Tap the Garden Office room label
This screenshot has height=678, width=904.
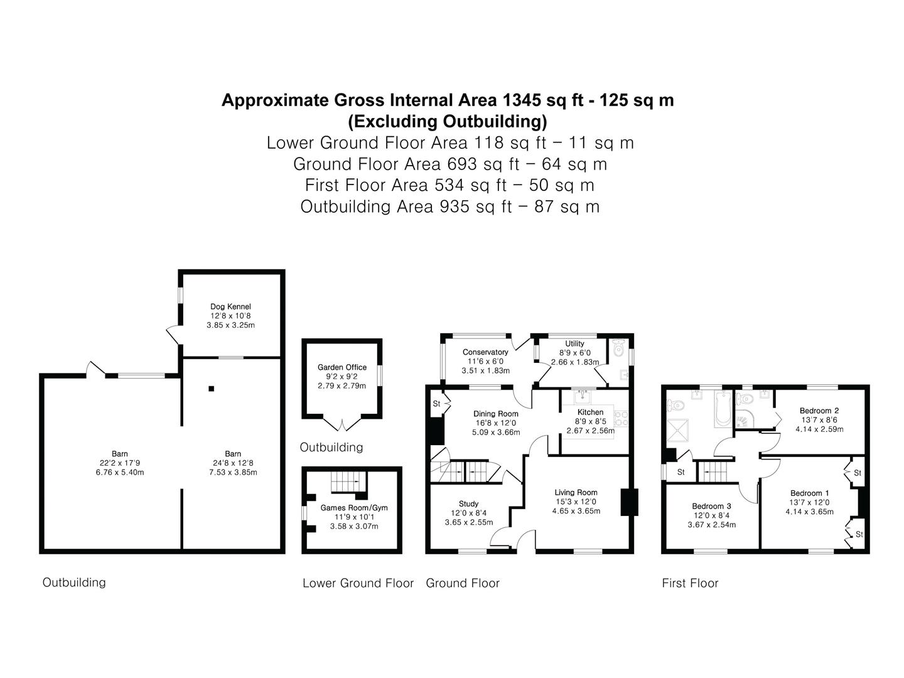point(342,367)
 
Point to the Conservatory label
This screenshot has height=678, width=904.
point(485,352)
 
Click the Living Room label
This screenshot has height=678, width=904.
point(576,493)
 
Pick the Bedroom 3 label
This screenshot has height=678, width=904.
point(711,506)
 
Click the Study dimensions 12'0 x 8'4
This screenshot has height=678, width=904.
point(468,513)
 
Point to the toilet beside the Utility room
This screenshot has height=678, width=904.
point(619,347)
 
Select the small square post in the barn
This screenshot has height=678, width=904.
point(212,389)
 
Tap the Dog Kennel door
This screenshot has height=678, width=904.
point(172,335)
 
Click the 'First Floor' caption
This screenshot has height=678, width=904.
point(690,583)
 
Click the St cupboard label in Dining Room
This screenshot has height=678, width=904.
point(436,404)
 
